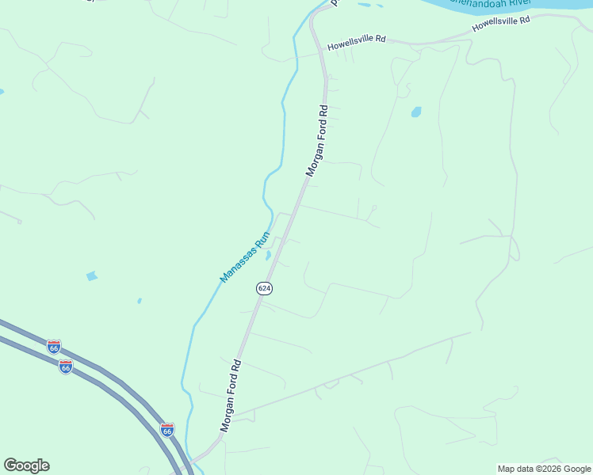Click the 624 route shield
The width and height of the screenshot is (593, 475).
pyautogui.click(x=264, y=288)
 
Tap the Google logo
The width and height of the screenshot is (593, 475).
pyautogui.click(x=26, y=465)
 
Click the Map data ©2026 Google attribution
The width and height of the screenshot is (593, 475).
pyautogui.click(x=544, y=469)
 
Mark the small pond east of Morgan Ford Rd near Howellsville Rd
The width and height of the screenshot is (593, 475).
pyautogui.click(x=416, y=112)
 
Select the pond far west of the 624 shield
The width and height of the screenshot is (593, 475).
pyautogui.click(x=92, y=276)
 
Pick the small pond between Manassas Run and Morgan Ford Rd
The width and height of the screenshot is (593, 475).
pyautogui.click(x=268, y=255)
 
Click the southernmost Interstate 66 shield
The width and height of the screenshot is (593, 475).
pyautogui.click(x=166, y=430)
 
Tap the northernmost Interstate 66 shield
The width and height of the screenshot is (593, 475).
pyautogui.click(x=53, y=348)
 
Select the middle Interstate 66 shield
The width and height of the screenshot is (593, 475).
pyautogui.click(x=66, y=367)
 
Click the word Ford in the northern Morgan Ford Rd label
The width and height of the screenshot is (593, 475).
pyautogui.click(x=317, y=142)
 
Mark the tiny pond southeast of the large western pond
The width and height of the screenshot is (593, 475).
pyautogui.click(x=139, y=301)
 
